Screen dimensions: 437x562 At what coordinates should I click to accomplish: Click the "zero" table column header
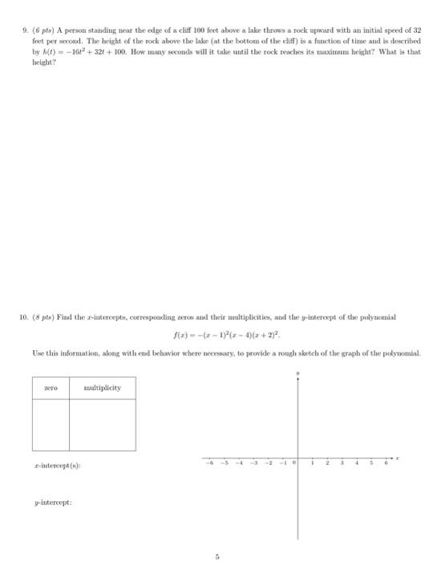[51, 388]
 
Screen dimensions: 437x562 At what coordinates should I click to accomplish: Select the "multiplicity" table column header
[102, 388]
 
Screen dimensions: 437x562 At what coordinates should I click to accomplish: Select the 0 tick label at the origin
[295, 462]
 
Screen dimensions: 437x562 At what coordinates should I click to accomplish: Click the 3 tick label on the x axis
[342, 462]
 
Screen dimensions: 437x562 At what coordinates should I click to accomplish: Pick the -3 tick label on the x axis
[253, 462]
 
